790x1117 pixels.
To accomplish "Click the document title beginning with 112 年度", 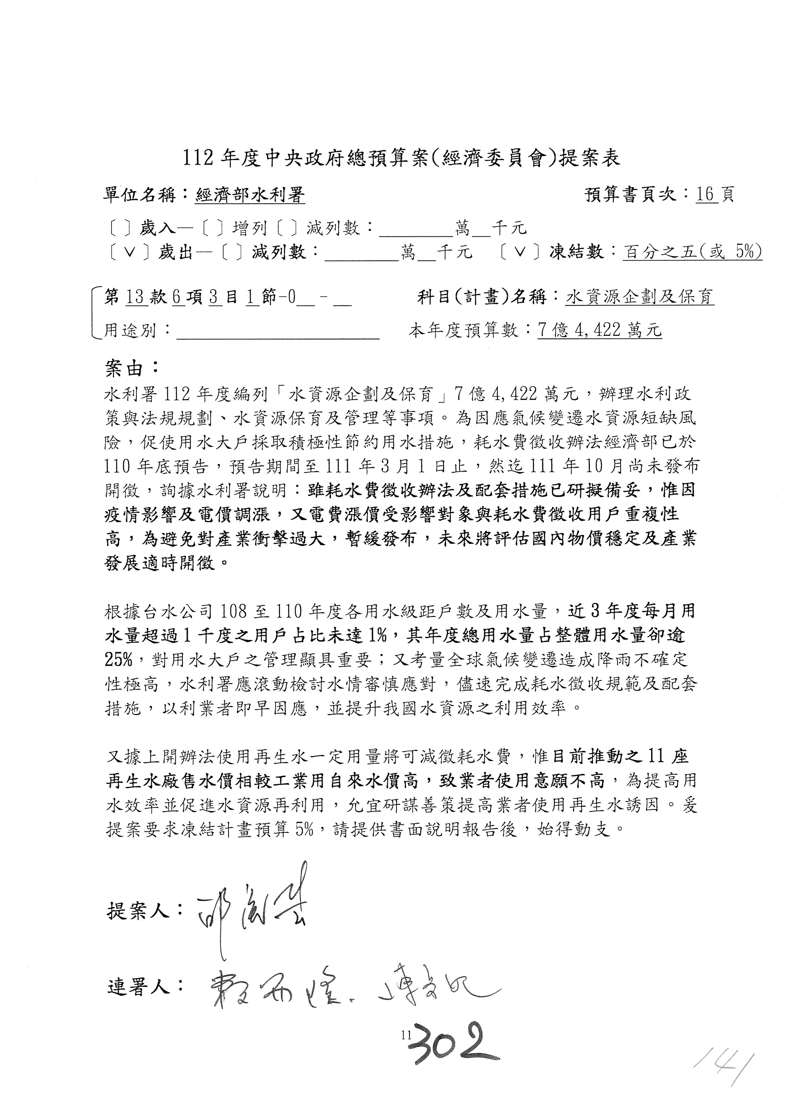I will coord(401,158).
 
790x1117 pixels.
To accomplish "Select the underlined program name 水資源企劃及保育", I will coord(640,297).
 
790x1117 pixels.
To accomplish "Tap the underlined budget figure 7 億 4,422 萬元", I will coord(599,331).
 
